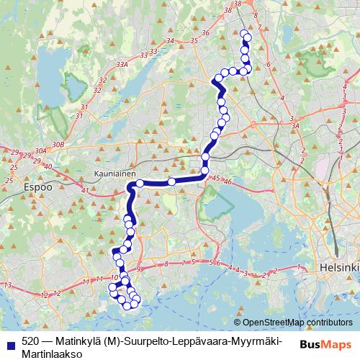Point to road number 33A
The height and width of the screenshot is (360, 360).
(x=122, y=65)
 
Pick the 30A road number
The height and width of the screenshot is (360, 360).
(x=40, y=150)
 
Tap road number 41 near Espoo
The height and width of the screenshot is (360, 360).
(x=85, y=190)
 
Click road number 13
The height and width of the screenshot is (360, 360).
(x=8, y=287)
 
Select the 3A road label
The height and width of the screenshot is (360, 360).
(x=294, y=126)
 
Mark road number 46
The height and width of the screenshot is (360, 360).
(x=228, y=181)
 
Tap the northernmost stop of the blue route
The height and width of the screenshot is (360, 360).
(x=246, y=35)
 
